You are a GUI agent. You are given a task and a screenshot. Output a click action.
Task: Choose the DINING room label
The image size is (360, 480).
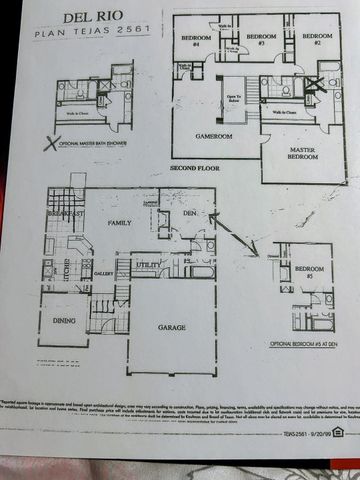pyautogui.click(x=63, y=322)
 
